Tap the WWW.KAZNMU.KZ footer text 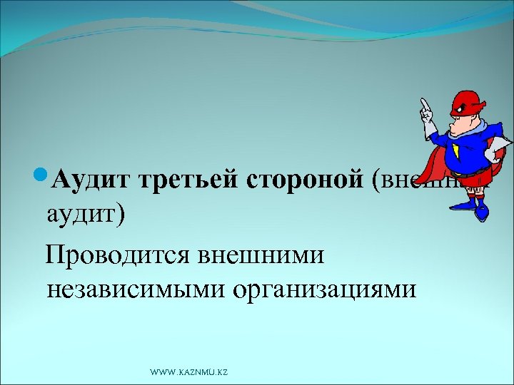(x=188, y=372)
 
